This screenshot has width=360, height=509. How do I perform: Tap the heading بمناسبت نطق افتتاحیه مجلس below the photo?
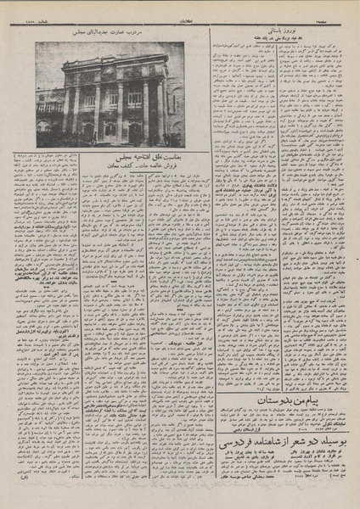[x=122, y=157]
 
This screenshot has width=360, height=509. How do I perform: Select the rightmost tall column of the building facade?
[x=158, y=106]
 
